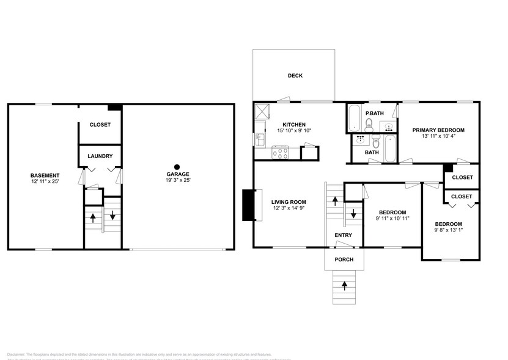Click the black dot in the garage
[x=177, y=166]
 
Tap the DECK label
[x=295, y=76]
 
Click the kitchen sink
[x=260, y=139]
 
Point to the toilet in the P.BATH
[x=369, y=125]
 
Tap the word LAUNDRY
[x=100, y=156]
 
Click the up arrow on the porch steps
[x=344, y=285]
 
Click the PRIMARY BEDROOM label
[x=438, y=130]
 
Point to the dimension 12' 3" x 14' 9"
[x=289, y=209]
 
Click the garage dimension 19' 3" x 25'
[x=177, y=181]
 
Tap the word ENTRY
[x=343, y=235]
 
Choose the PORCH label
[x=344, y=260]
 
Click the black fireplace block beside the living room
[x=248, y=205]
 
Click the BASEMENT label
[x=46, y=175]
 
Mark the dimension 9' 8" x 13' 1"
[x=448, y=231]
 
